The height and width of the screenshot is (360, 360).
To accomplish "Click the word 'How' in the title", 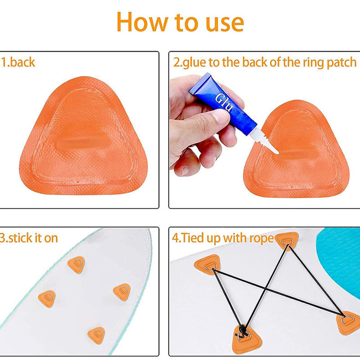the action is pyautogui.click(x=142, y=22).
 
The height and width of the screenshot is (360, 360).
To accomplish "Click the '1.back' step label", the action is pyautogui.click(x=18, y=62).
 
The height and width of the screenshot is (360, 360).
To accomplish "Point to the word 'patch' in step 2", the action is pyautogui.click(x=342, y=63).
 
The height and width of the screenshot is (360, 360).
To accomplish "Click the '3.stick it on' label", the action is pyautogui.click(x=29, y=238).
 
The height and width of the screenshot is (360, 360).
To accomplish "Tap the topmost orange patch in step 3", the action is pyautogui.click(x=76, y=264).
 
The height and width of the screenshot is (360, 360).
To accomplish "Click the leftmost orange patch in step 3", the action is pyautogui.click(x=47, y=298).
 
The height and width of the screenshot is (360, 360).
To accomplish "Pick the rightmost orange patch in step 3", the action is pyautogui.click(x=122, y=292).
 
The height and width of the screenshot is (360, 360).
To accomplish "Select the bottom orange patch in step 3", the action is pyautogui.click(x=96, y=335).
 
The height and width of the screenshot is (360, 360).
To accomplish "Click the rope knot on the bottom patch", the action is pyautogui.click(x=242, y=331).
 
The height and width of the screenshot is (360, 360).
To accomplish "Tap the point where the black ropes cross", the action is pyautogui.click(x=266, y=288).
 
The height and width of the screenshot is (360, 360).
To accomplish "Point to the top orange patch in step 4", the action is pyautogui.click(x=287, y=241).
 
